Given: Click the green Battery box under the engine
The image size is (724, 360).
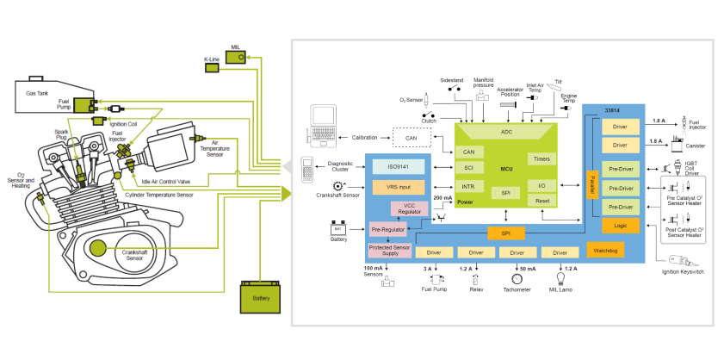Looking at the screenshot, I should point(261,296).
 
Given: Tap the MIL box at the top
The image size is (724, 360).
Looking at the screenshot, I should point(236,53).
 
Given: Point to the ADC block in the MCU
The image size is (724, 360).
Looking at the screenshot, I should point(506,132).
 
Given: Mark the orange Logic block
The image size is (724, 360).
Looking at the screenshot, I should point(620,226).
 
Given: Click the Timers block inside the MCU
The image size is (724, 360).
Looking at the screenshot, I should point(541,159).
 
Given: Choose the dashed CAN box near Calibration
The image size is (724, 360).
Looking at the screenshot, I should point(412,137).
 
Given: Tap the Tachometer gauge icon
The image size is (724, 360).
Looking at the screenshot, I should point(517,279).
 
